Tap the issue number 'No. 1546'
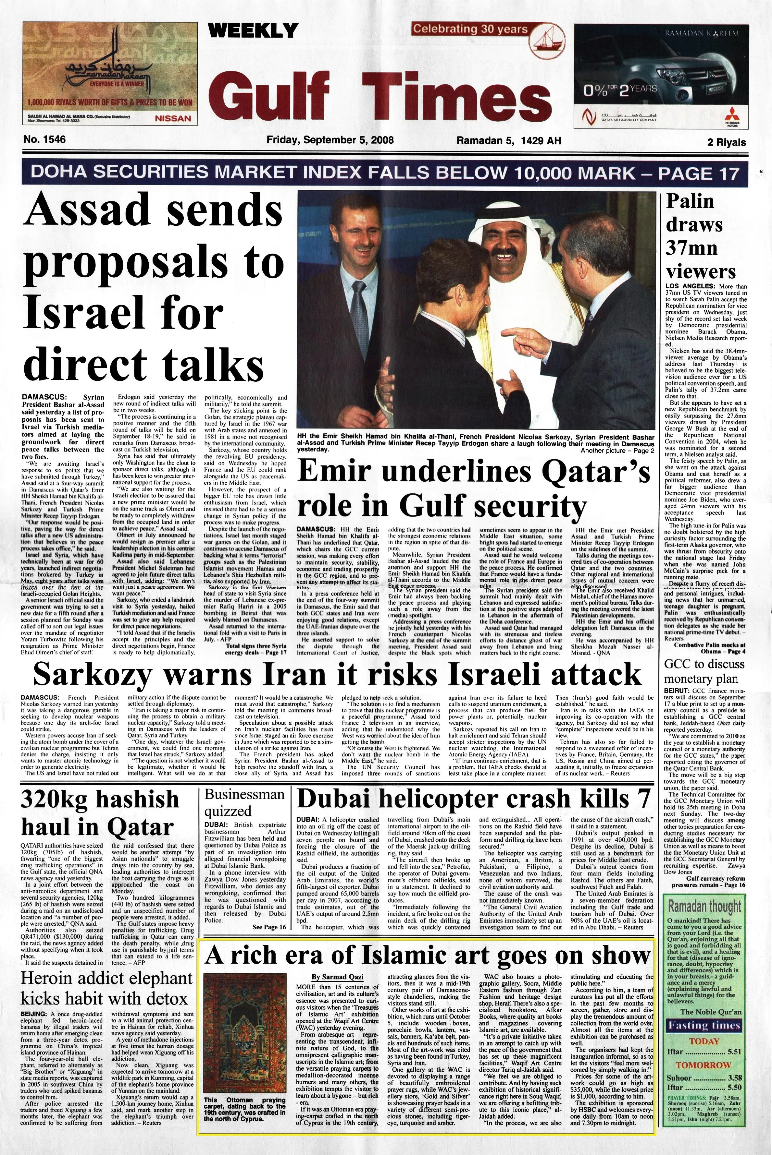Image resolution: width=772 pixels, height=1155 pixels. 44,140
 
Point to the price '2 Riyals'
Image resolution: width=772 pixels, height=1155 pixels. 726,143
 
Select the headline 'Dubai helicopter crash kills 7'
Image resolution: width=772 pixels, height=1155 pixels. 473,799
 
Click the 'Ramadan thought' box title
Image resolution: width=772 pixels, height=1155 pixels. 704,906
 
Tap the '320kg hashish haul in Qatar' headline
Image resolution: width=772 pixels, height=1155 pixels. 98,812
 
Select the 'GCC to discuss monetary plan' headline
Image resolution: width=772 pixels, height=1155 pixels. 701,671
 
